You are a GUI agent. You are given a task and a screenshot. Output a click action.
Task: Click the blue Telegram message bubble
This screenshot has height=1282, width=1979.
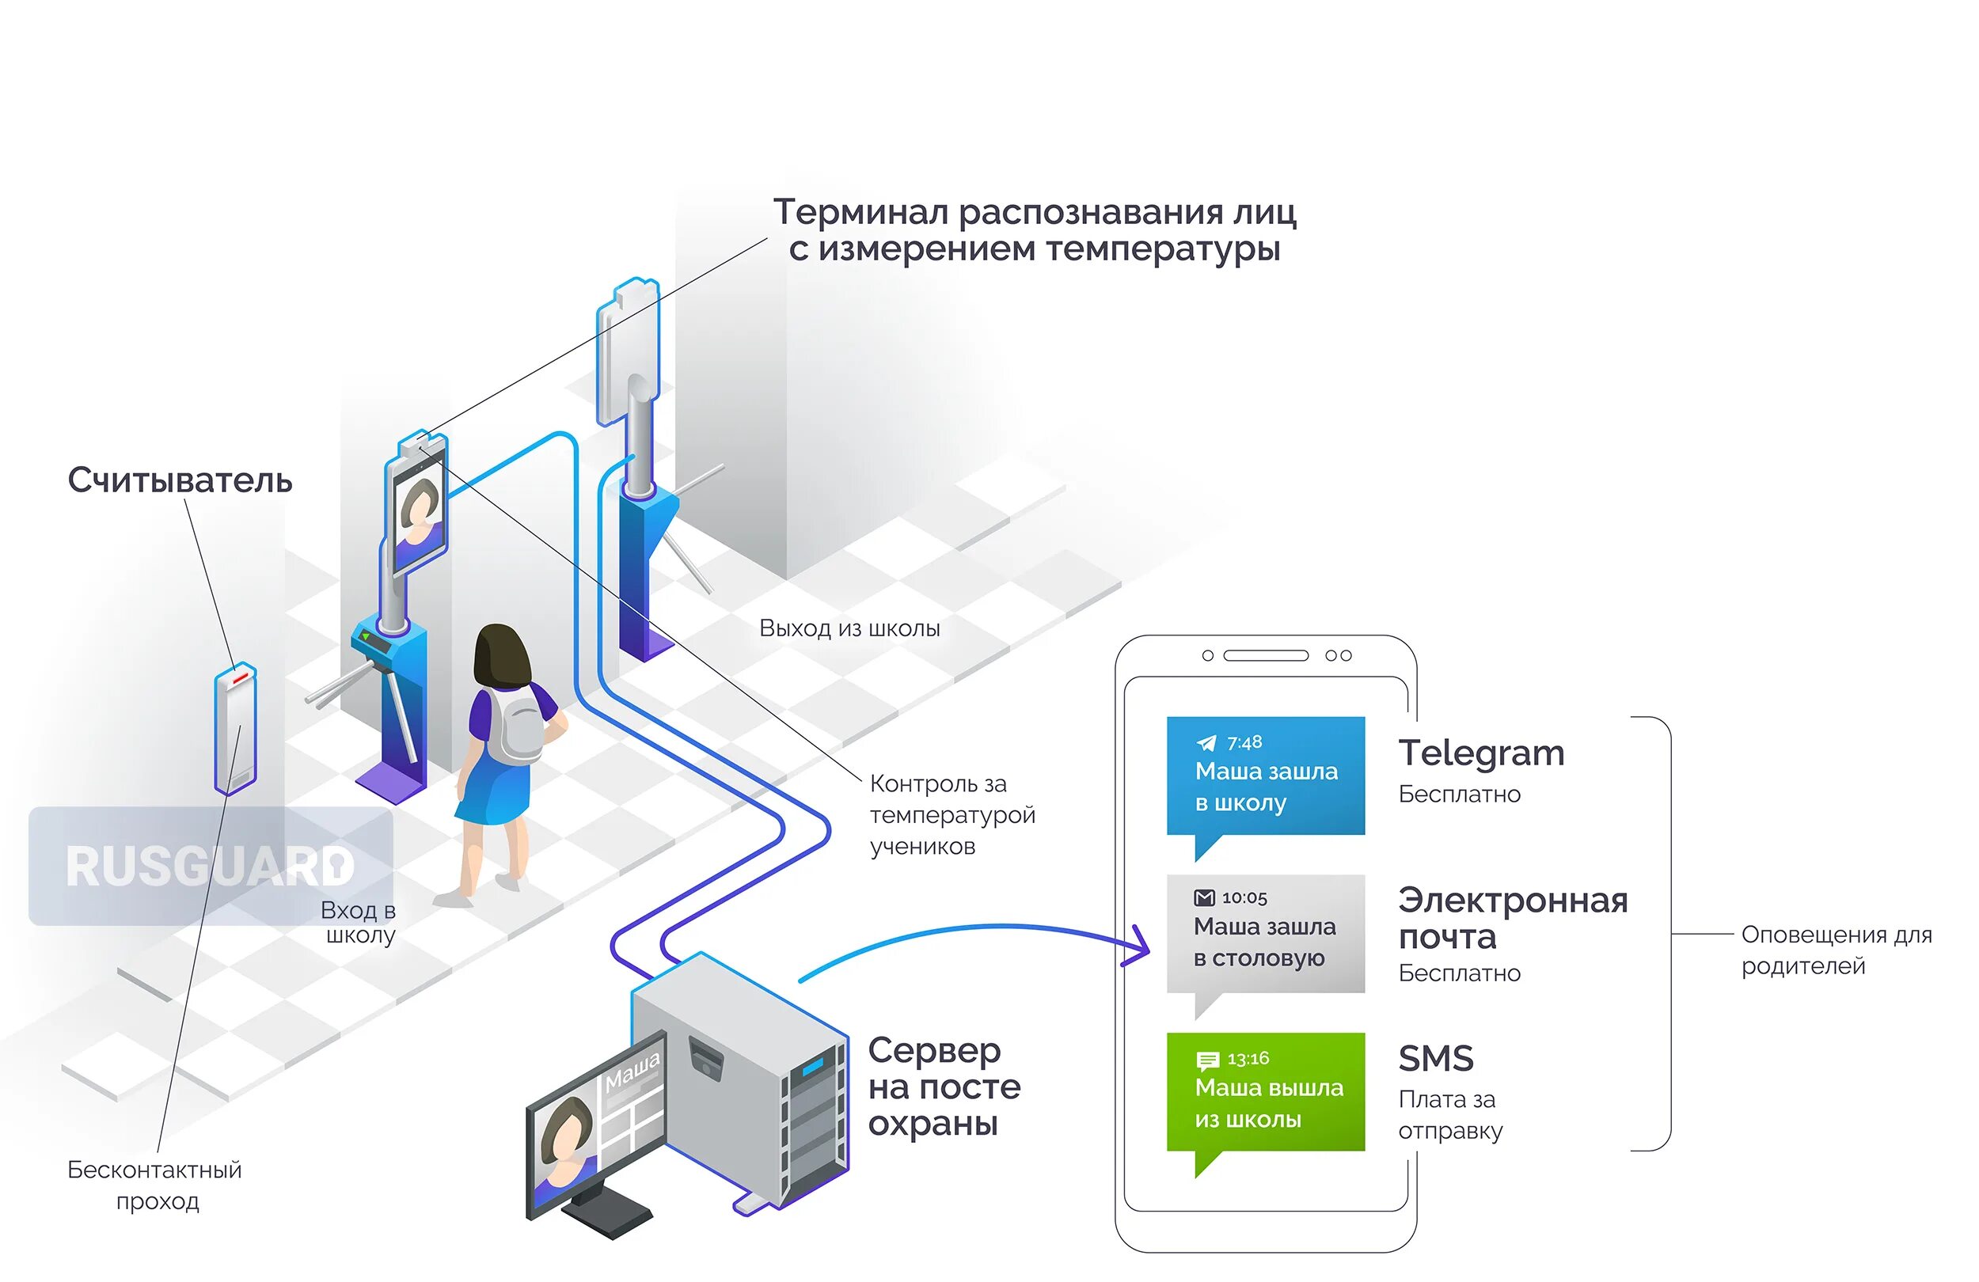click(1265, 775)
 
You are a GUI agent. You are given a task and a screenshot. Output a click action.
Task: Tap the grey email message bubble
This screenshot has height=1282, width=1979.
click(1265, 933)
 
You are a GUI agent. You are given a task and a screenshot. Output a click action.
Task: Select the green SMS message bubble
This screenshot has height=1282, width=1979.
click(1265, 1090)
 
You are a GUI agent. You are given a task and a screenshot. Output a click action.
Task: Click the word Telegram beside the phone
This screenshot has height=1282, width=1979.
click(1481, 753)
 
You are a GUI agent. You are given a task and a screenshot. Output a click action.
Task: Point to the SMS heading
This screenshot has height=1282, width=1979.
click(1435, 1058)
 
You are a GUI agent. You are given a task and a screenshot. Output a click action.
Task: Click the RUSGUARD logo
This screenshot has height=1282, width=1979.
click(211, 867)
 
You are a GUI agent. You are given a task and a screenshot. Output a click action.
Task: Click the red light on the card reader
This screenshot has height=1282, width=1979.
click(241, 679)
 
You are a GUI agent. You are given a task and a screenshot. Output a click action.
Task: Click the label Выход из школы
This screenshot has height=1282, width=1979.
click(849, 628)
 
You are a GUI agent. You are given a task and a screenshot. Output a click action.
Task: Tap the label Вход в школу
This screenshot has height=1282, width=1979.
click(359, 923)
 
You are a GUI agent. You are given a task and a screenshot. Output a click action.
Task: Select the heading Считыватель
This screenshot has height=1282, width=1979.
click(180, 480)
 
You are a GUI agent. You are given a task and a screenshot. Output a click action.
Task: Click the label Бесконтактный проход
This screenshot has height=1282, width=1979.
click(154, 1185)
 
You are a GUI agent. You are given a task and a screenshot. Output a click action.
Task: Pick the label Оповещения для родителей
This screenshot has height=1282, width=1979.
click(1836, 950)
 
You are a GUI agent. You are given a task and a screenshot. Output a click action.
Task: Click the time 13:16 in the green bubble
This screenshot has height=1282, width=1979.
click(1248, 1058)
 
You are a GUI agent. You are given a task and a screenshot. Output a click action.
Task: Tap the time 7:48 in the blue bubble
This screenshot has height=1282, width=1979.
click(1244, 742)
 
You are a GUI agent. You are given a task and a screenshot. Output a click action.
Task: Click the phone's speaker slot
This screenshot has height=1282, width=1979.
click(1266, 656)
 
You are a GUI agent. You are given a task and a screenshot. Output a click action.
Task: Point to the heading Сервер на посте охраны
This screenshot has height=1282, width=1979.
click(944, 1087)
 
